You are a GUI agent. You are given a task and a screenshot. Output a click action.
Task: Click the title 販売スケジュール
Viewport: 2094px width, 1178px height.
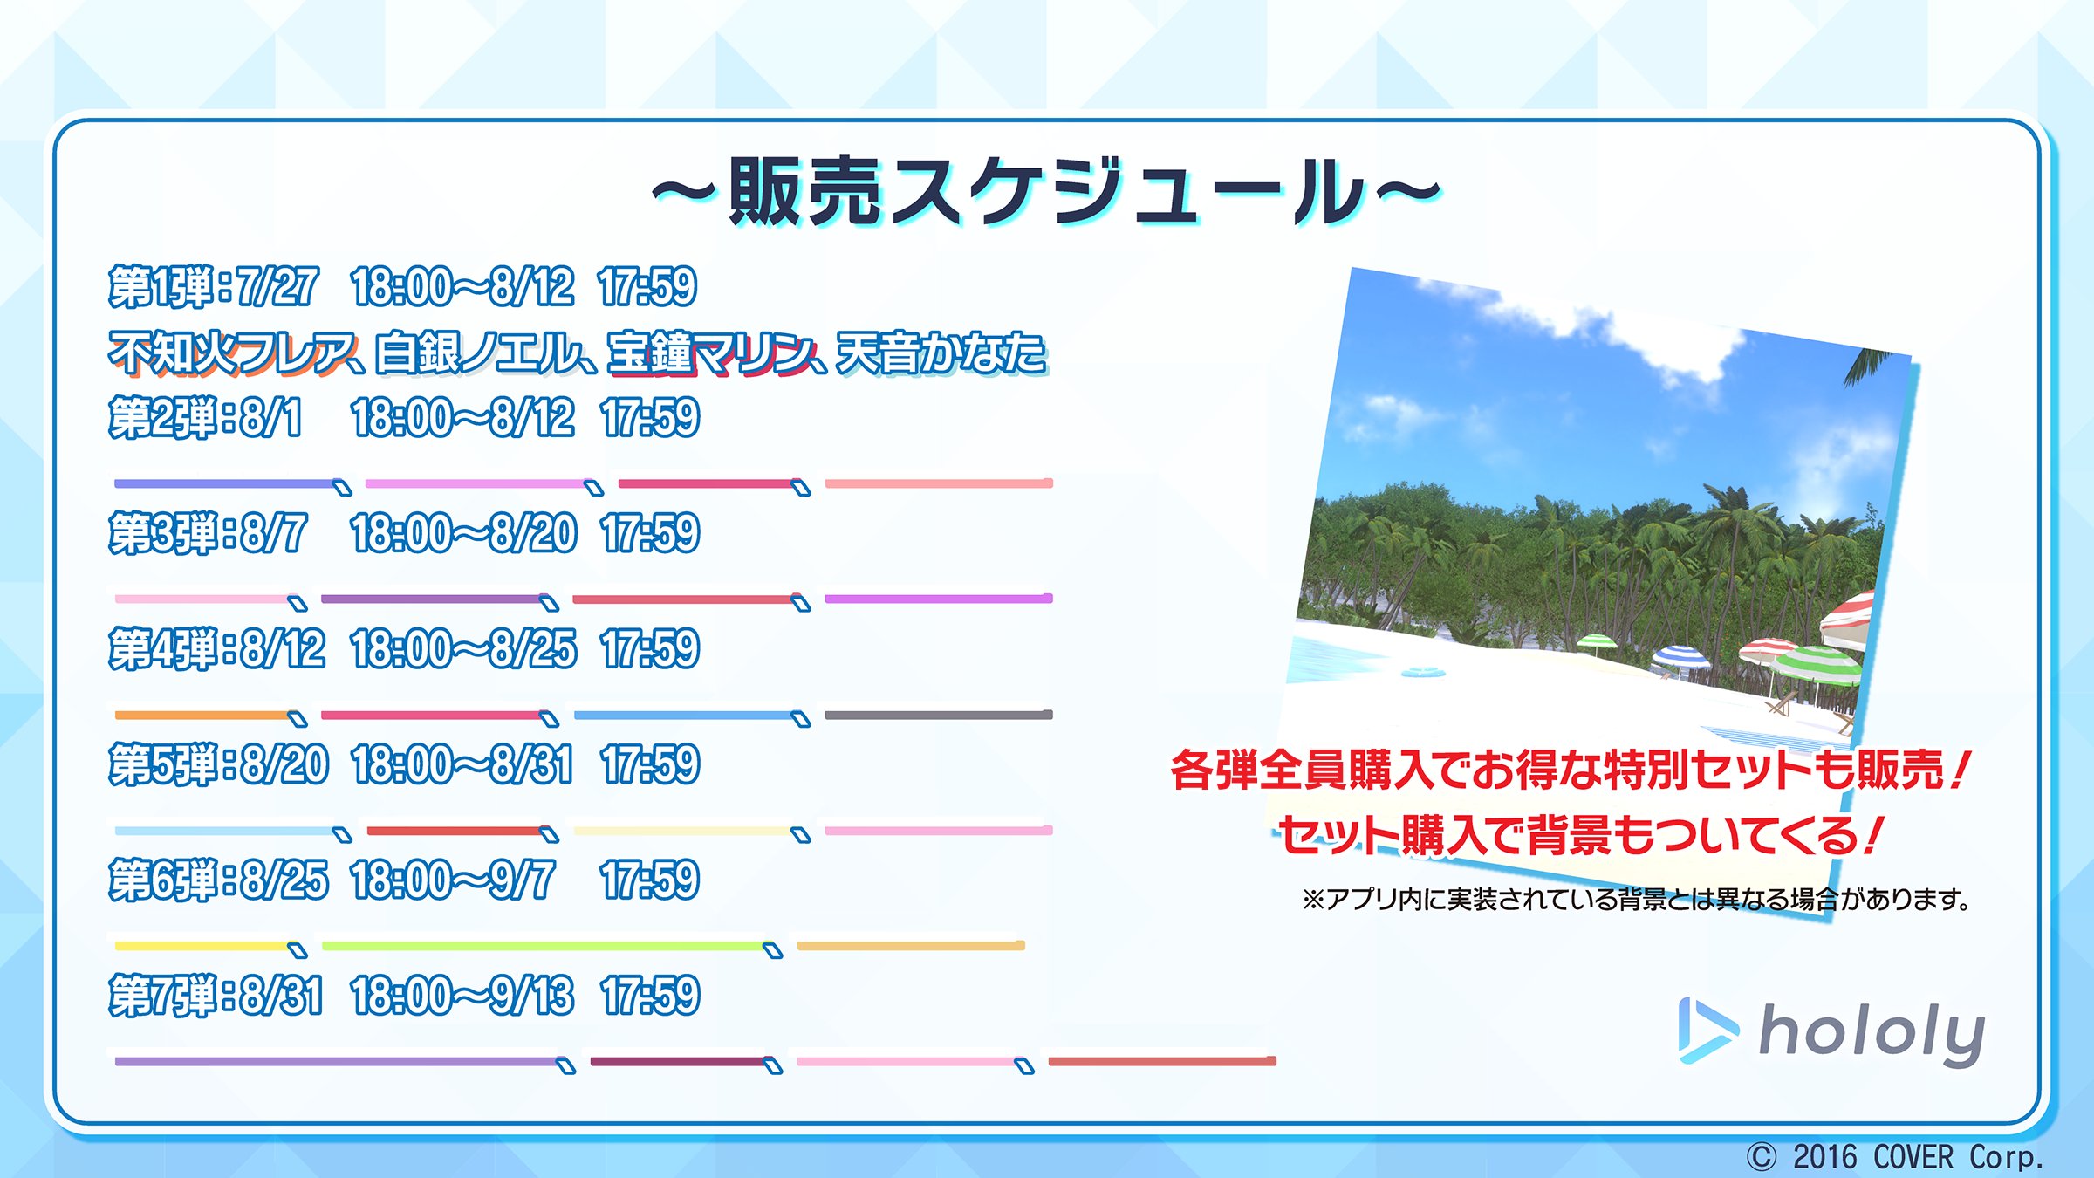click(x=1047, y=192)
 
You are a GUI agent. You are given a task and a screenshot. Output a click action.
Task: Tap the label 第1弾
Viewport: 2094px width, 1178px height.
click(x=162, y=287)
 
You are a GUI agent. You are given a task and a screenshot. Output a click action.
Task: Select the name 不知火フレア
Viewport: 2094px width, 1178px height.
click(x=232, y=353)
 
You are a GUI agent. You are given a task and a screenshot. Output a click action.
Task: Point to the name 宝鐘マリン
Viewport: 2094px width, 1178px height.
click(x=711, y=353)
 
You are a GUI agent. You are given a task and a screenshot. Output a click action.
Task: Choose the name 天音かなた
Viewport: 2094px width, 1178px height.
click(x=941, y=353)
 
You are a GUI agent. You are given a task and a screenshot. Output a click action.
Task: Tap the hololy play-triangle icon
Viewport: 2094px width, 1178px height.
click(x=1706, y=1031)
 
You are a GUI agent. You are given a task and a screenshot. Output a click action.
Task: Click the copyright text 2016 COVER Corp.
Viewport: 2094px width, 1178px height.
click(x=1919, y=1157)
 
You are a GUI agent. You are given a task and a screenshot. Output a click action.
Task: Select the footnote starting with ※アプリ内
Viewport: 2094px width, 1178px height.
click(x=1637, y=899)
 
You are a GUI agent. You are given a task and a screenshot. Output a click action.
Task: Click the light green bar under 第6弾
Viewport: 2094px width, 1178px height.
click(x=546, y=946)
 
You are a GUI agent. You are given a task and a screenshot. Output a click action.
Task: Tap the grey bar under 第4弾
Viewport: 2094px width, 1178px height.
click(x=939, y=715)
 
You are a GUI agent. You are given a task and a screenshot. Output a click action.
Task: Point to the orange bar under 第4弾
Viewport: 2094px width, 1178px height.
click(x=206, y=715)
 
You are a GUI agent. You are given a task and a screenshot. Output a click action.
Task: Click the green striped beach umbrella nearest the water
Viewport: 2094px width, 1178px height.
click(x=1597, y=643)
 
